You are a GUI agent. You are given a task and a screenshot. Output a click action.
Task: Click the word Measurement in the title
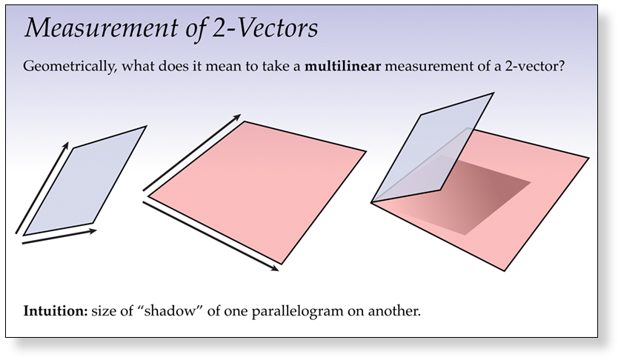pos(102,28)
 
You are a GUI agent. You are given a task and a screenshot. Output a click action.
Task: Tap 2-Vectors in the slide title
pos(265,28)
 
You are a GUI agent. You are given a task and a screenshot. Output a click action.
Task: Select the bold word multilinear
pos(342,66)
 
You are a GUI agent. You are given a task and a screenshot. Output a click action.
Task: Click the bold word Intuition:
pos(56,311)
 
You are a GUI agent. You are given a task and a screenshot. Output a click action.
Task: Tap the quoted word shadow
pos(170,311)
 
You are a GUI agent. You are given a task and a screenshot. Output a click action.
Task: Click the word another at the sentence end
pos(394,311)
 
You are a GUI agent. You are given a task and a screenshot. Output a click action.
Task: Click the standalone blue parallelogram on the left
pos(84,181)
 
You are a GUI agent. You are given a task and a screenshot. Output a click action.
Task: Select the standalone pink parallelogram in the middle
pos(257,193)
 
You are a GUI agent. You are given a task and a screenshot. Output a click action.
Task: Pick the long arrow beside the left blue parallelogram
pos(42,187)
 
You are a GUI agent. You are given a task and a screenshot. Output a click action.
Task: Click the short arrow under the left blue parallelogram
pos(59,236)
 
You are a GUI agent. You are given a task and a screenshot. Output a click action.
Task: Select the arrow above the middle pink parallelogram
pos(192,153)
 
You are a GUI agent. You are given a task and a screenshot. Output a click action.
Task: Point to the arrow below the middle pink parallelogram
pos(210,236)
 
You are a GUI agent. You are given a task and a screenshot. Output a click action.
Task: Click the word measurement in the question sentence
pos(428,66)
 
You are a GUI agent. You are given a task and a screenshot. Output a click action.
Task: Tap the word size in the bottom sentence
pos(105,311)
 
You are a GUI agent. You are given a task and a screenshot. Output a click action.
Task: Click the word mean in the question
pos(223,66)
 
